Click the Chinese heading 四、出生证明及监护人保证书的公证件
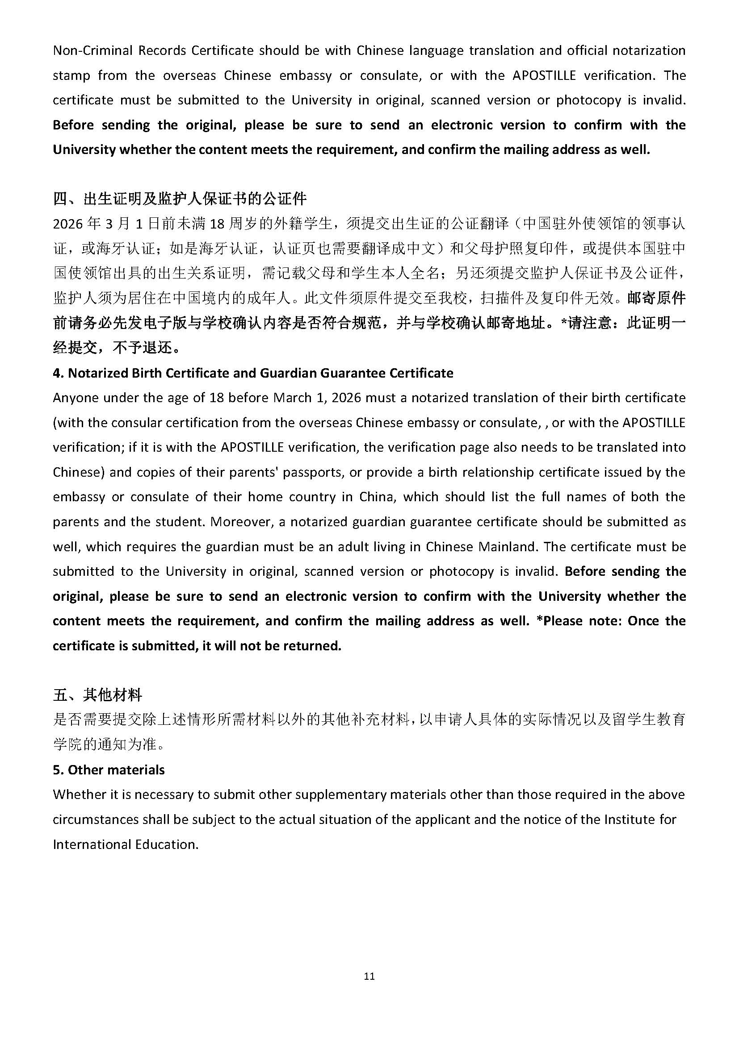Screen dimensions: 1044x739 180,198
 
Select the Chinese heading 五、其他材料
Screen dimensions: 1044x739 97,695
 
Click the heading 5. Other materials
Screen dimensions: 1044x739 109,770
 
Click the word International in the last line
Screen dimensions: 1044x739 92,844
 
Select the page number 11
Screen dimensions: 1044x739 369,976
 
